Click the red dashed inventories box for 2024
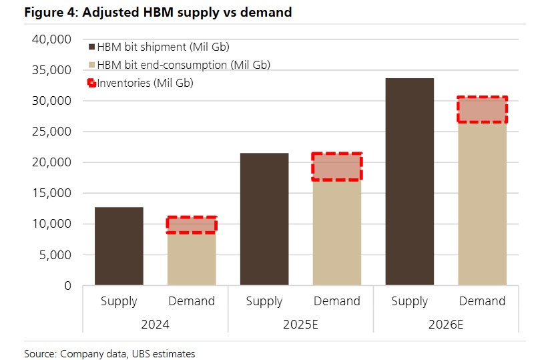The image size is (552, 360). (x=191, y=224)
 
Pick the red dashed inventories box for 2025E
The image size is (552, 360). (x=336, y=166)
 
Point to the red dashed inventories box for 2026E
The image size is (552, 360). (x=482, y=110)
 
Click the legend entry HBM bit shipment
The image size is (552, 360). (x=163, y=47)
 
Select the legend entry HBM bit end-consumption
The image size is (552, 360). (x=183, y=65)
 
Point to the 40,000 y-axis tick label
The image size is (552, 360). (x=51, y=39)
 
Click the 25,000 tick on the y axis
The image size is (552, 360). (x=51, y=132)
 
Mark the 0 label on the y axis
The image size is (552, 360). (x=67, y=285)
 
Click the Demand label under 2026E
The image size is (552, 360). (x=482, y=301)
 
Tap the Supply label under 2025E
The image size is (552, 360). (x=264, y=301)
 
